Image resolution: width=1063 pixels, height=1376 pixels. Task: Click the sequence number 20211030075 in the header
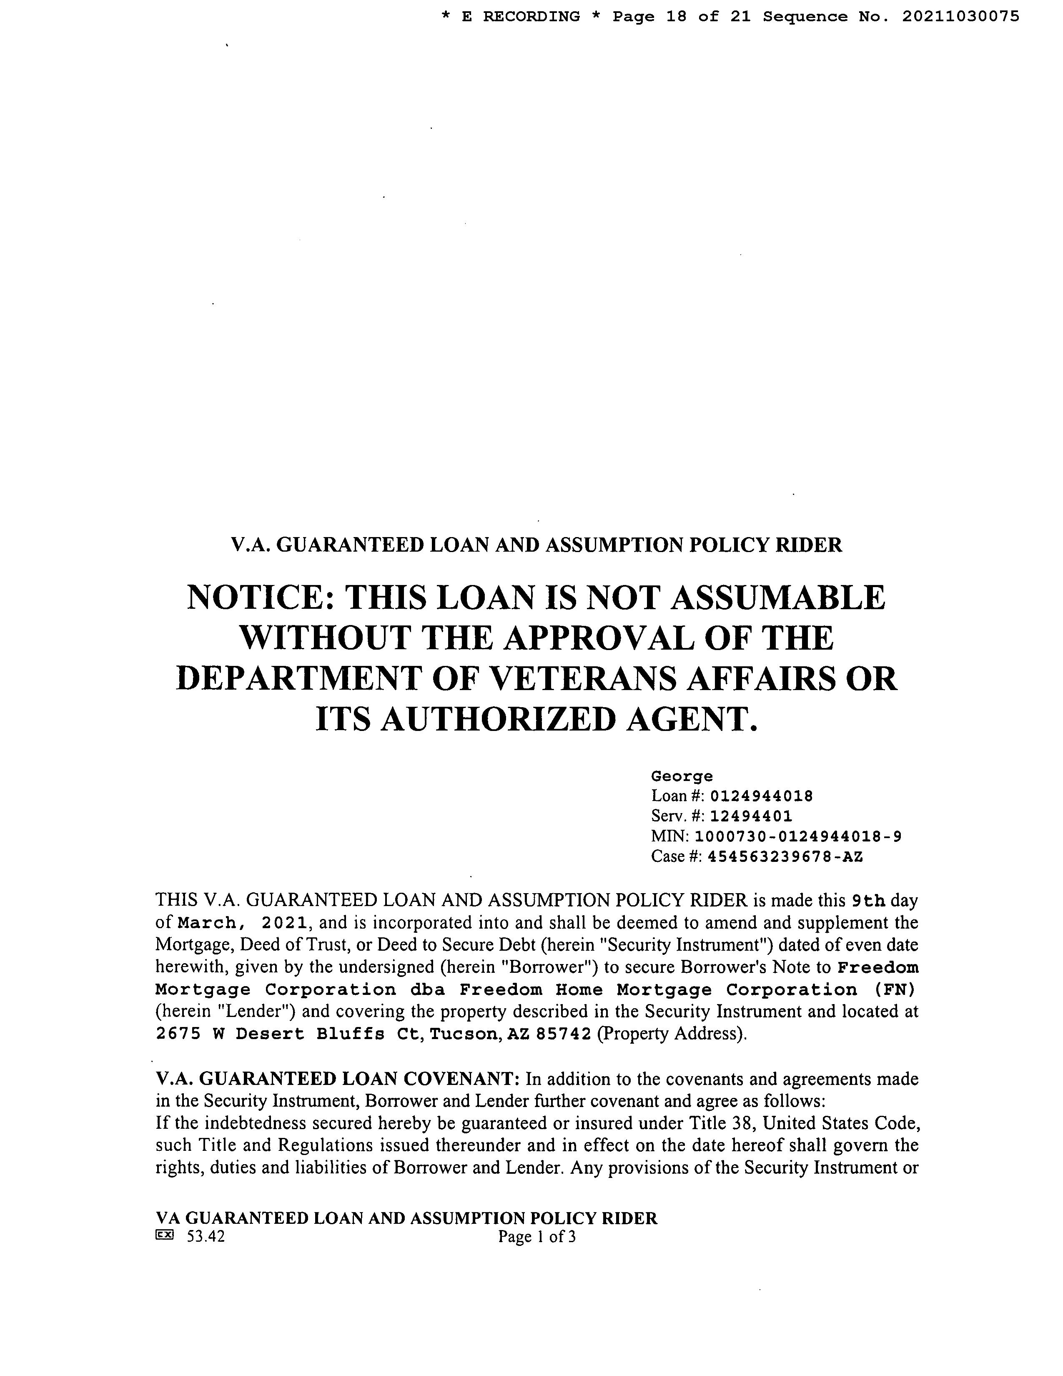(x=960, y=17)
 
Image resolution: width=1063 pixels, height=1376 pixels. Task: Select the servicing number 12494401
(x=751, y=816)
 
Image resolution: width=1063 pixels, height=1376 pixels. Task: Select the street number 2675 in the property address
(x=178, y=1034)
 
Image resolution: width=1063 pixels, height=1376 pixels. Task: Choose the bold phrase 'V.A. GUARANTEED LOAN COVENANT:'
(x=338, y=1079)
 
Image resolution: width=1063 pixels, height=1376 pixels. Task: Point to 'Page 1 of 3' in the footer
(x=537, y=1237)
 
